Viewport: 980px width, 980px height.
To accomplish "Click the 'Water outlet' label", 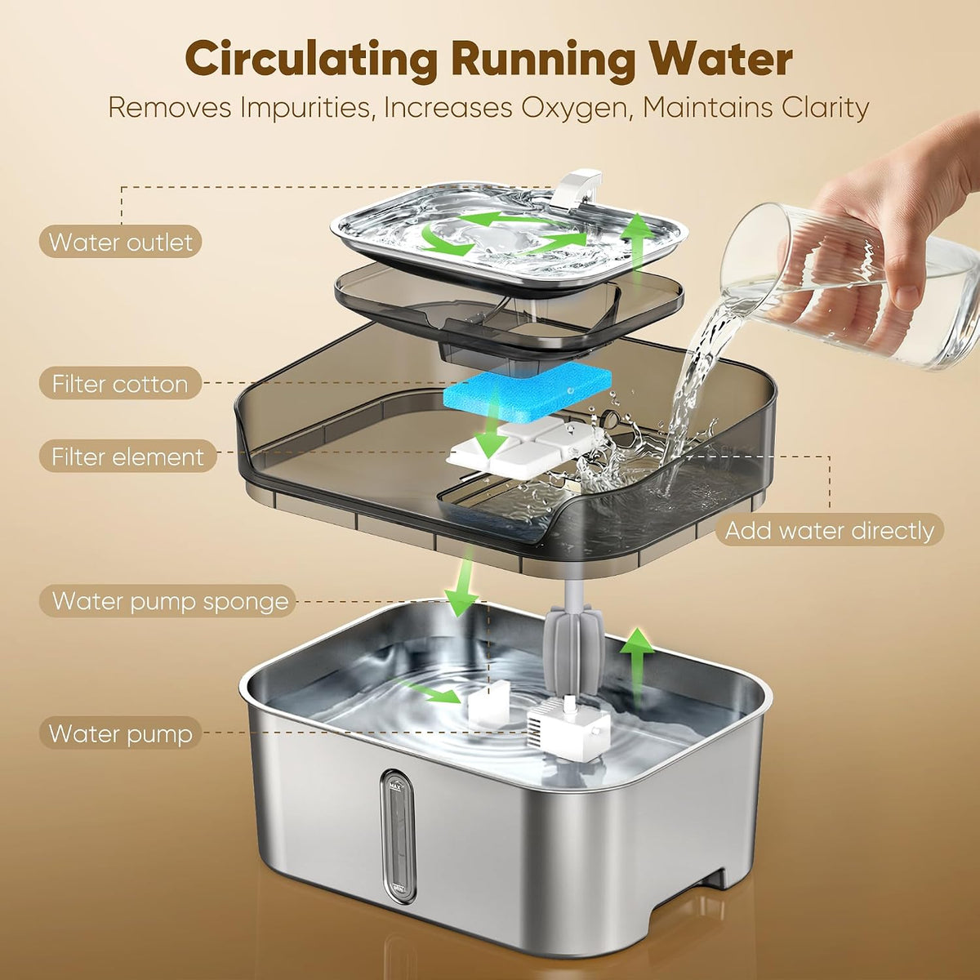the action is point(121,242).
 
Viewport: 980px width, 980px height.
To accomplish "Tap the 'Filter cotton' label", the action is point(120,384).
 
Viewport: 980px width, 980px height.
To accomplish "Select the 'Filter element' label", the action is point(127,457).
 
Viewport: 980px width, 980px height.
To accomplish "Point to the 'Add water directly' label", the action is point(830,531).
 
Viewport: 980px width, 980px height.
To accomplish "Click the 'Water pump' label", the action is point(121,733).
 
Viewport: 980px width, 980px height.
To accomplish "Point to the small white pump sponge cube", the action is point(488,704).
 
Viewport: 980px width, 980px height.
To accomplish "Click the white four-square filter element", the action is point(523,448).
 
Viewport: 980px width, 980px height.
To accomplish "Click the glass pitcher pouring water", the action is point(849,287).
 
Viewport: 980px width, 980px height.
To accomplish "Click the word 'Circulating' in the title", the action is point(311,60).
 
